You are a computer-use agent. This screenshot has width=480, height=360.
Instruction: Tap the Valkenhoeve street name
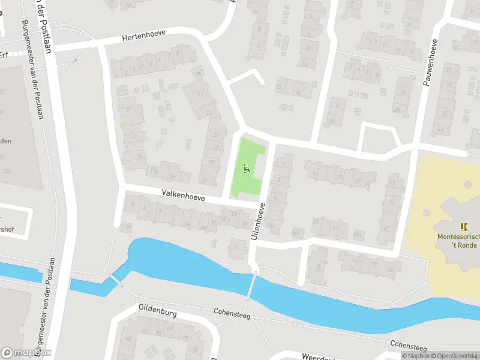tap(183, 196)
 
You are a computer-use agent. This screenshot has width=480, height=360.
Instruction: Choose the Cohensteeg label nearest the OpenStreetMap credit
tap(408, 346)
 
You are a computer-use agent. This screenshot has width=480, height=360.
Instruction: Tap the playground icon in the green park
tap(246, 169)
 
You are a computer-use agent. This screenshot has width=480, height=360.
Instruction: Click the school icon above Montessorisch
tap(463, 226)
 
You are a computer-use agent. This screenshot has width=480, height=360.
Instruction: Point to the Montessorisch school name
tap(458, 237)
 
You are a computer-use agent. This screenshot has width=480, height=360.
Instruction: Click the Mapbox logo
tap(26, 353)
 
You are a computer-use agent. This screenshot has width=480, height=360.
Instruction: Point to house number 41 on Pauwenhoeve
tap(440, 130)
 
